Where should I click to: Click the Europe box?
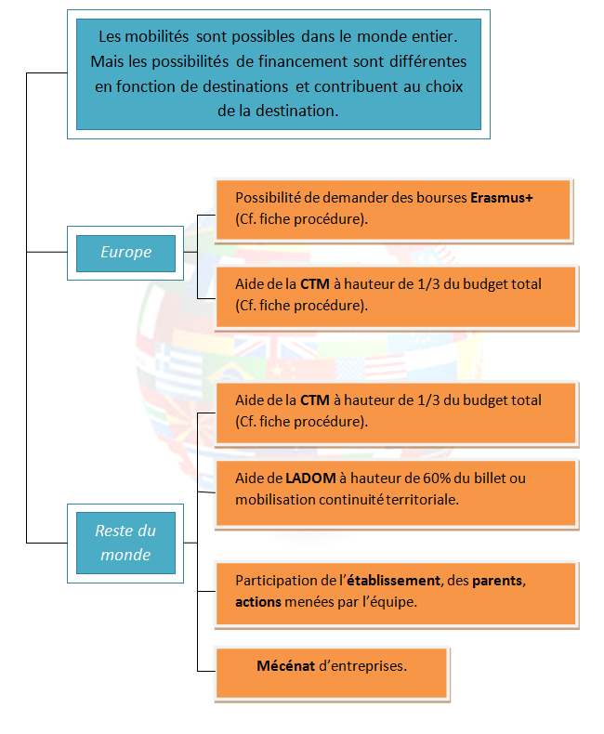pyautogui.click(x=125, y=253)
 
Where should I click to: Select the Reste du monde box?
pyautogui.click(x=125, y=543)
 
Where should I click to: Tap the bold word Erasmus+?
pyautogui.click(x=502, y=198)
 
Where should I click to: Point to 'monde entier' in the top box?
pyautogui.click(x=413, y=38)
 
